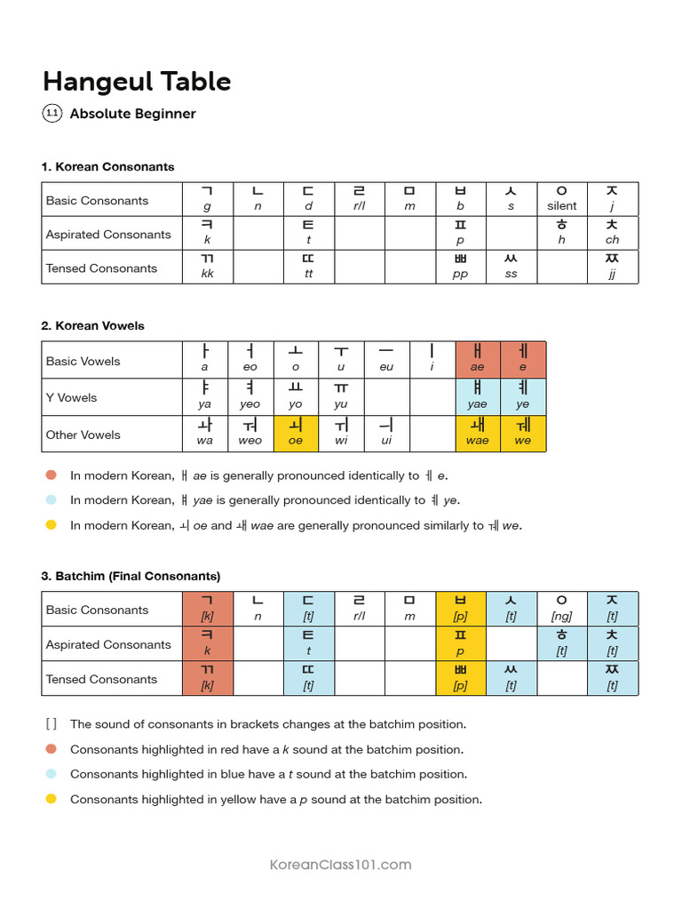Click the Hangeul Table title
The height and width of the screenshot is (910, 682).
coord(137,82)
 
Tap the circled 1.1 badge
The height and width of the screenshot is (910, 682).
coord(52,114)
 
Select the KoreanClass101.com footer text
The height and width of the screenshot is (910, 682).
coord(340,865)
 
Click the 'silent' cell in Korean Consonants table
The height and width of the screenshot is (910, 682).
coord(561,199)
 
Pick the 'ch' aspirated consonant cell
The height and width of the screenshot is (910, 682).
coord(612,233)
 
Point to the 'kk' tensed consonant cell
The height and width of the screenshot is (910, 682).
coord(208,267)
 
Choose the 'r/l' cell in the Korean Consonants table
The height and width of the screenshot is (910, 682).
coord(359,199)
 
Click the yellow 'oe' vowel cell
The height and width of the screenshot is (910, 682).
coord(296,433)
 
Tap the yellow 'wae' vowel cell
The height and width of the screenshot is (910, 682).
coord(478,433)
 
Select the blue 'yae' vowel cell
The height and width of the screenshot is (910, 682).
coord(478,395)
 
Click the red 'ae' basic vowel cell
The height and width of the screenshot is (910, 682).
coord(478,359)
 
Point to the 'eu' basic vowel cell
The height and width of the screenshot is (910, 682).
coord(386,359)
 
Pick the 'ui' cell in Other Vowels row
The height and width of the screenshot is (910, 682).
coord(386,433)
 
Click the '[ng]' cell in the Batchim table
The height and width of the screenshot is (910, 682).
coord(561,609)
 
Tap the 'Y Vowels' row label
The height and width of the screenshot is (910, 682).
coord(72,397)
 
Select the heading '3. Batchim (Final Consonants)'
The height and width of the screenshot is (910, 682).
coord(131,576)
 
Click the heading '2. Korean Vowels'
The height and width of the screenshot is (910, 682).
coord(92,326)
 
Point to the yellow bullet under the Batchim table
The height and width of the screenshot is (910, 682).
coord(51,799)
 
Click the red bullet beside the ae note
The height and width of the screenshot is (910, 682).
coord(51,475)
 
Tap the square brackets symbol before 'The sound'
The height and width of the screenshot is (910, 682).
coord(51,724)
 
